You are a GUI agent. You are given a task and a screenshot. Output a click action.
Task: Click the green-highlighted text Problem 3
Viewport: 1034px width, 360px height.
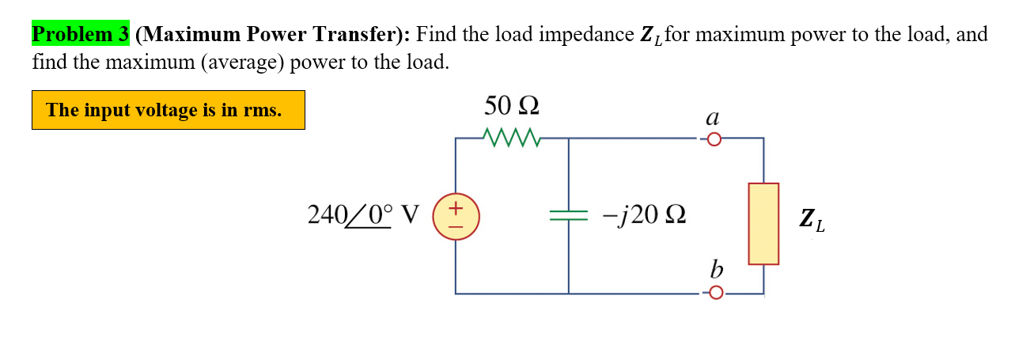point(80,35)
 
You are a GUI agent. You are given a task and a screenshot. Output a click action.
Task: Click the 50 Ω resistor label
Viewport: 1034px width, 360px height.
point(512,105)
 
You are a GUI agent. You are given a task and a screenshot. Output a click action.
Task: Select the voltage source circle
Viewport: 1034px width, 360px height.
point(456,216)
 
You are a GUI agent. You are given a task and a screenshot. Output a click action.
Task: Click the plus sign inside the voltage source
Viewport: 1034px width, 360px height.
point(456,208)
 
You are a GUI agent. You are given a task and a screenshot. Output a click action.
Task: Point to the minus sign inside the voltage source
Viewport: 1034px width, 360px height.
point(456,225)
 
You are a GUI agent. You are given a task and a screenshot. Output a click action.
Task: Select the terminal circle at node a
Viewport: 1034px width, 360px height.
point(714,140)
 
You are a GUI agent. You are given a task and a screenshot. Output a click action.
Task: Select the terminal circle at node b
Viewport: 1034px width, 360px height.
point(714,294)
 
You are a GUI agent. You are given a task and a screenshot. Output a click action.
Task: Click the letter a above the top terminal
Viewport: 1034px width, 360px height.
point(712,118)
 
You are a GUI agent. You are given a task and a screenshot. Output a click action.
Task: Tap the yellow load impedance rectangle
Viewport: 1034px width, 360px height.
point(763,223)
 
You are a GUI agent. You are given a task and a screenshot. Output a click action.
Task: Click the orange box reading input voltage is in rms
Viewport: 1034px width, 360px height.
point(168,110)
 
